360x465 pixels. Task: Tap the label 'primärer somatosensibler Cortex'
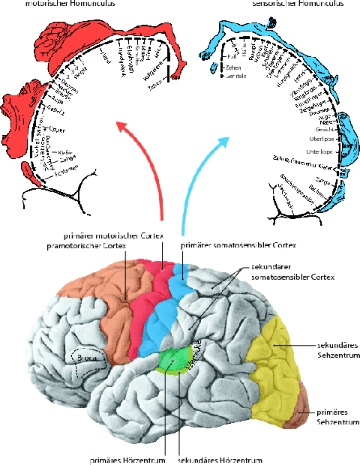coord(238,244)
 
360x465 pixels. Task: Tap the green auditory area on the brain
coord(172,358)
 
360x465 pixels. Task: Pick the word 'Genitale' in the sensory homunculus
coord(235,76)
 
